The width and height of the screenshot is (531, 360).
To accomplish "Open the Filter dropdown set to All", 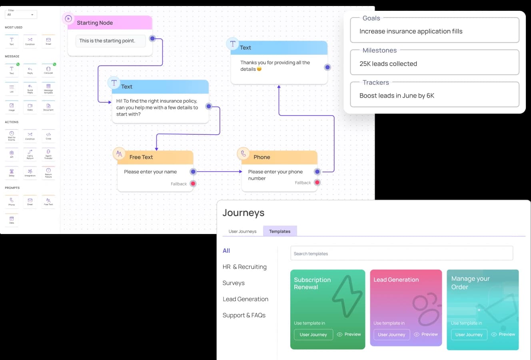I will [21, 14].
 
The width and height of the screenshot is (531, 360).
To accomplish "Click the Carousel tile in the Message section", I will [48, 70].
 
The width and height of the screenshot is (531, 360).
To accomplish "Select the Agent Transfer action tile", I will [48, 154].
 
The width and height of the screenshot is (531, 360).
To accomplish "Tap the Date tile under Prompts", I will [12, 219].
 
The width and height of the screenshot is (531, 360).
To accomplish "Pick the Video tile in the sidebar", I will [30, 106].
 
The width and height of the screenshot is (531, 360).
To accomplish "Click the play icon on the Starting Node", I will [68, 18].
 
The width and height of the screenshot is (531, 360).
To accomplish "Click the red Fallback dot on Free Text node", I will [193, 184].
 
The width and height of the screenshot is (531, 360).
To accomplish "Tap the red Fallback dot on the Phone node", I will [317, 182].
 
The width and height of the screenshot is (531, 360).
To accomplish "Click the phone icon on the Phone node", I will [244, 153].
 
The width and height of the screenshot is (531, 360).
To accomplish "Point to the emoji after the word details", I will [259, 69].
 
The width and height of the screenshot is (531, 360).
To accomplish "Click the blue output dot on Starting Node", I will [152, 38].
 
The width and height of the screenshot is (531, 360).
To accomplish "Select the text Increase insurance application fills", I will [411, 31].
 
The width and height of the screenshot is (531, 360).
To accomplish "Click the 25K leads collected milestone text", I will [388, 64].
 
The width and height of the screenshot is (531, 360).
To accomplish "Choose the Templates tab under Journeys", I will [279, 231].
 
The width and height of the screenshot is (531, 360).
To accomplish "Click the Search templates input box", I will [401, 253].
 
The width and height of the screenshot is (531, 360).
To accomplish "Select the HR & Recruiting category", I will [244, 267].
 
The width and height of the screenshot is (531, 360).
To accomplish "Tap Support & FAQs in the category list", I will [244, 315].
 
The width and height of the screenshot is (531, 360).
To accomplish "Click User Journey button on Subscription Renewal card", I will [313, 334].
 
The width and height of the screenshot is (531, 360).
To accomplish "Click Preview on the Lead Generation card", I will [426, 334].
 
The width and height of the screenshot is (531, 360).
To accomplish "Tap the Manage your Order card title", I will [470, 282].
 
